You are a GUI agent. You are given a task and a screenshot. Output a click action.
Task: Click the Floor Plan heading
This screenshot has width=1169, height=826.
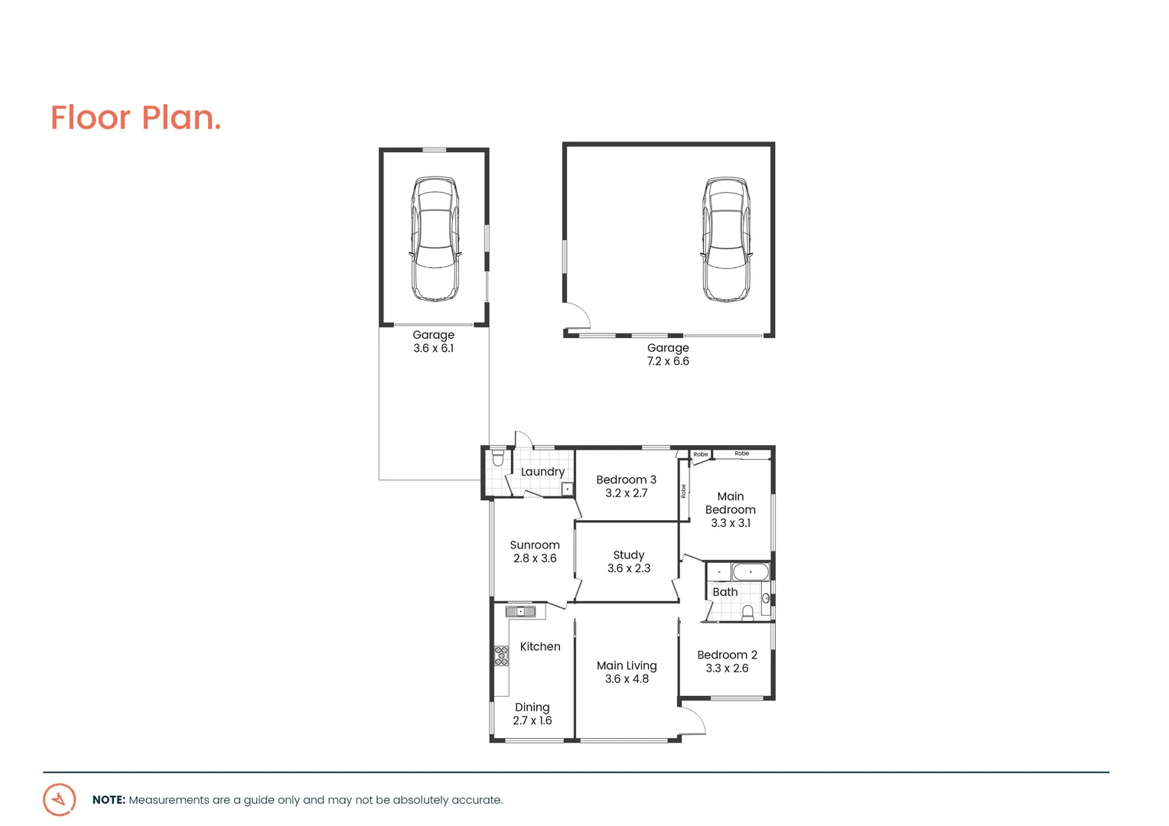click(135, 118)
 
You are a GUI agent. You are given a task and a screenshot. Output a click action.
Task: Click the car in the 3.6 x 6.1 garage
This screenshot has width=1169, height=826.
click(435, 239)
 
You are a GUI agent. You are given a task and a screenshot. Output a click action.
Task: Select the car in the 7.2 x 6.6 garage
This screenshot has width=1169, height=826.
click(726, 239)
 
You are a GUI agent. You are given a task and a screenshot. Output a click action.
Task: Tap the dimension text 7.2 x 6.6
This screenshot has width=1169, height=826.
click(668, 361)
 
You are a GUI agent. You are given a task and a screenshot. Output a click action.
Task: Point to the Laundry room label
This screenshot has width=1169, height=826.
click(542, 472)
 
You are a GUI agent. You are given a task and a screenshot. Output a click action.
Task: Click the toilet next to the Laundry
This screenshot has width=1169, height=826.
click(498, 458)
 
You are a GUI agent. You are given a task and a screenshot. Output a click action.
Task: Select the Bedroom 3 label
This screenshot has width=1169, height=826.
click(626, 480)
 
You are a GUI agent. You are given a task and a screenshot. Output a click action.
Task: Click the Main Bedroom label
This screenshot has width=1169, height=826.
click(730, 503)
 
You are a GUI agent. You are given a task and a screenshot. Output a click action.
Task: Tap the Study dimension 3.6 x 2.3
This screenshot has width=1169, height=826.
click(629, 568)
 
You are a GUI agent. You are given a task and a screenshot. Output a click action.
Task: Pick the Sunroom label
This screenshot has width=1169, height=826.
click(535, 545)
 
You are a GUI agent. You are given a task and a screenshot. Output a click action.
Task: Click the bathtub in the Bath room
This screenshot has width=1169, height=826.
click(750, 572)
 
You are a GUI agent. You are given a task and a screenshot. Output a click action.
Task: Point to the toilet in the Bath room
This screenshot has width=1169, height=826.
click(747, 612)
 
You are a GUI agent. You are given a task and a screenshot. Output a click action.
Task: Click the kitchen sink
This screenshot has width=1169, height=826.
click(520, 611)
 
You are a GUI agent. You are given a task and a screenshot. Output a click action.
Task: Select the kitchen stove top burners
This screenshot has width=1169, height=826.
click(501, 655)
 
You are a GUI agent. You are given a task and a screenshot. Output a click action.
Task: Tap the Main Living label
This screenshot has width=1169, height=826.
click(627, 665)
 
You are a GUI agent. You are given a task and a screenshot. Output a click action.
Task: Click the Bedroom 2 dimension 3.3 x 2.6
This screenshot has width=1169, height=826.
click(727, 668)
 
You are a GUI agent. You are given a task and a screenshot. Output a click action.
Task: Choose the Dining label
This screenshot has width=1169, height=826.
click(532, 707)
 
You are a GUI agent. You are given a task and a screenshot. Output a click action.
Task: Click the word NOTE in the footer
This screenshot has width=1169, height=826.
click(109, 800)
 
